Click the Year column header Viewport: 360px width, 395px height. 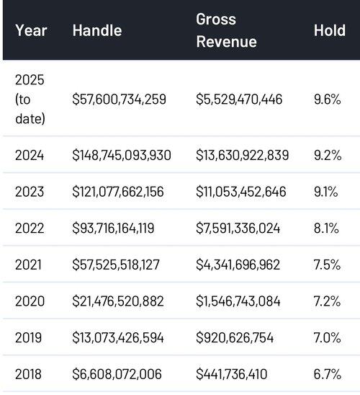click(x=31, y=30)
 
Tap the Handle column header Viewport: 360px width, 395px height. click(x=97, y=30)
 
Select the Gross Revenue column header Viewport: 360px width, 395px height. click(x=226, y=30)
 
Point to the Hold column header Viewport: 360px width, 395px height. click(x=330, y=30)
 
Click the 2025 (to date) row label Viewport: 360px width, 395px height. click(x=30, y=99)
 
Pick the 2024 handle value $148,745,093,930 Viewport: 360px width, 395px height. click(x=122, y=155)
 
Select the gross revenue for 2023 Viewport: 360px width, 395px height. click(x=241, y=192)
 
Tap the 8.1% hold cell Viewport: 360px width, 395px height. click(x=326, y=228)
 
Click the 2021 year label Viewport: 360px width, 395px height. click(x=28, y=265)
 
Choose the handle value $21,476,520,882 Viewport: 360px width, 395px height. click(x=118, y=301)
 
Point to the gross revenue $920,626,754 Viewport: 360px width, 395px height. click(x=235, y=338)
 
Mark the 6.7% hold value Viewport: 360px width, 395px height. click(x=328, y=374)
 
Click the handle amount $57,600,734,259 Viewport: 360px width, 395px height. click(x=120, y=99)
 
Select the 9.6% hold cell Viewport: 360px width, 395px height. click(x=328, y=99)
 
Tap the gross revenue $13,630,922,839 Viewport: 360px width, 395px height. click(x=242, y=155)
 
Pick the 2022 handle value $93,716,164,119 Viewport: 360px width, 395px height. click(x=113, y=228)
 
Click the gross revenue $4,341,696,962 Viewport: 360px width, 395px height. click(x=238, y=265)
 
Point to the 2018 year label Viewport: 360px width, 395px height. click(x=28, y=374)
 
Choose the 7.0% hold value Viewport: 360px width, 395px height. click(x=328, y=338)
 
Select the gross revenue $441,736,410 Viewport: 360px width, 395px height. click(x=231, y=374)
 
